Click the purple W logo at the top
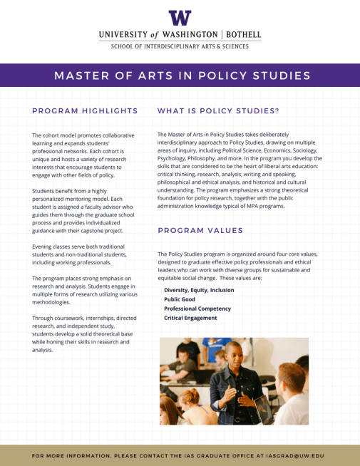click(180, 18)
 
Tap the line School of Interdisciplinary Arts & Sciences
click(180, 46)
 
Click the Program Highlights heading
click(85, 111)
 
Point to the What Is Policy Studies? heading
click(218, 111)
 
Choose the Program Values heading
click(200, 230)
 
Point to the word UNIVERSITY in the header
click(124, 34)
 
